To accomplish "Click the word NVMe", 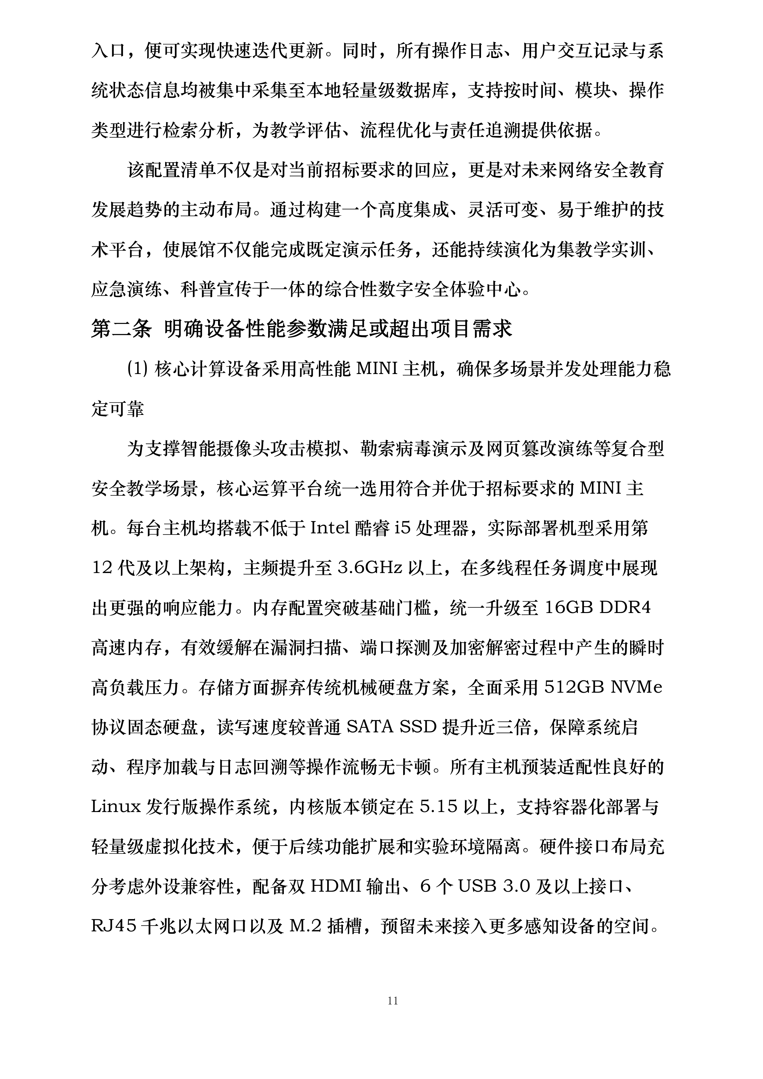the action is pos(637,688).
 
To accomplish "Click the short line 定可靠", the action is pos(117,409).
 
